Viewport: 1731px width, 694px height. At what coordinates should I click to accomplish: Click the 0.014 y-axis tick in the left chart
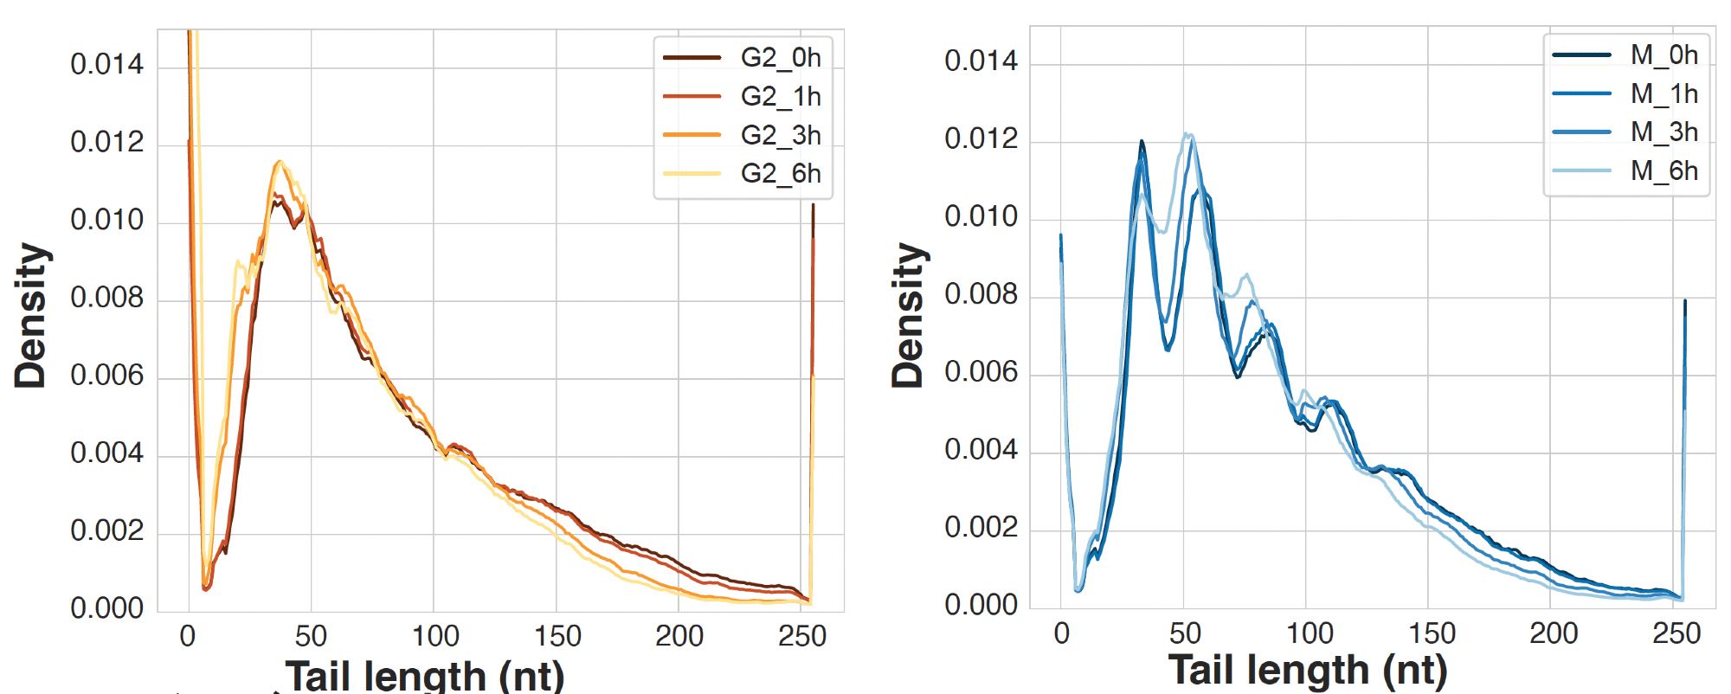(107, 64)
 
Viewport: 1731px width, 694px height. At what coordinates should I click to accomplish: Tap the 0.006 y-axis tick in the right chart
(981, 372)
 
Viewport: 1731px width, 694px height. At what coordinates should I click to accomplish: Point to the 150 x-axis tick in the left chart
(557, 637)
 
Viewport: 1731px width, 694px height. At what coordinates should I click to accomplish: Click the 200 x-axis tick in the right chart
(1553, 633)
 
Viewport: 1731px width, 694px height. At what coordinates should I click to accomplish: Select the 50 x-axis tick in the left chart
(311, 637)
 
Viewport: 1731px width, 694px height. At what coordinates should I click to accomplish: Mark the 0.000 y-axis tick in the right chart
(981, 605)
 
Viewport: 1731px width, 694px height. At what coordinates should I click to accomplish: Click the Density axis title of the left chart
(31, 316)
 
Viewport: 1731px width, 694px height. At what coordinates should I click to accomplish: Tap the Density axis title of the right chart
(909, 316)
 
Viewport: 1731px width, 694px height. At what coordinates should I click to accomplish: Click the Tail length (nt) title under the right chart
(1307, 671)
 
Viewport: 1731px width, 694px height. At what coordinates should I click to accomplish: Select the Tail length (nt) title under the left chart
(425, 675)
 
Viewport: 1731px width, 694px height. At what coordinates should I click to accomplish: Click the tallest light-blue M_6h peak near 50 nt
(1189, 135)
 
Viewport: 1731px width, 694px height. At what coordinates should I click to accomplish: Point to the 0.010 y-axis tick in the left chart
(107, 220)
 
